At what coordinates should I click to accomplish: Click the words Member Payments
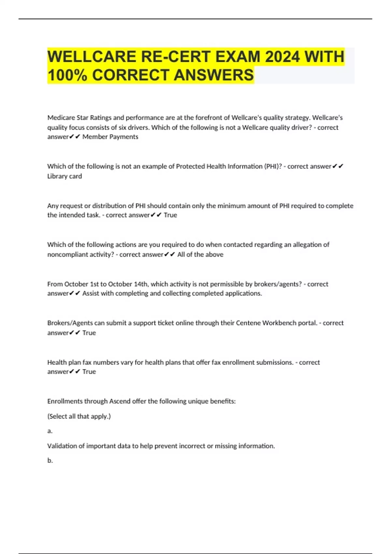[110, 137]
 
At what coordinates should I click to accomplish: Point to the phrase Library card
[65, 176]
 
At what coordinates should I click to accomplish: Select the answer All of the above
[200, 255]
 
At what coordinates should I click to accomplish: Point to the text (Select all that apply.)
[79, 416]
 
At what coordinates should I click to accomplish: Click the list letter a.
[50, 431]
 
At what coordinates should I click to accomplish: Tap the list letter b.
[50, 460]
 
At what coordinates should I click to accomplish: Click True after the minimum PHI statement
[170, 215]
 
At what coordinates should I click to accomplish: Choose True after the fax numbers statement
[89, 372]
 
